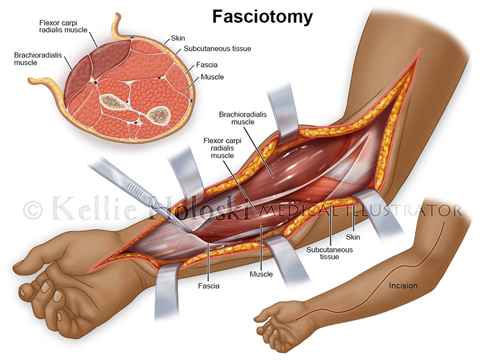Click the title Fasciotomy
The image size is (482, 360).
[263, 17]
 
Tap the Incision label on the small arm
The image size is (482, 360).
[403, 286]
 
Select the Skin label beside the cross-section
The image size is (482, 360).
[178, 38]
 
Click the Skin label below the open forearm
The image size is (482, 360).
[353, 237]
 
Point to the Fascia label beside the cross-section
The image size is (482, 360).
[207, 65]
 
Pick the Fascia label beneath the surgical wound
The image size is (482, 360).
[209, 286]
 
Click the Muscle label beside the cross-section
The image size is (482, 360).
[212, 77]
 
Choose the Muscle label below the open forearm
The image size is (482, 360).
[261, 274]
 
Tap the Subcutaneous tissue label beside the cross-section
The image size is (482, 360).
[217, 49]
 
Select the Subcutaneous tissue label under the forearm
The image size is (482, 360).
[330, 253]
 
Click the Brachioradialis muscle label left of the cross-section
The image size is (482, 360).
[38, 59]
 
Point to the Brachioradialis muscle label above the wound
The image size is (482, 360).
[243, 118]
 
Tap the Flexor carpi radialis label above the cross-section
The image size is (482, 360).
[63, 27]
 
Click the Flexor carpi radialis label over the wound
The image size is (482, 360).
[222, 148]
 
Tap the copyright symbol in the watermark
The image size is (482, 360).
[33, 210]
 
